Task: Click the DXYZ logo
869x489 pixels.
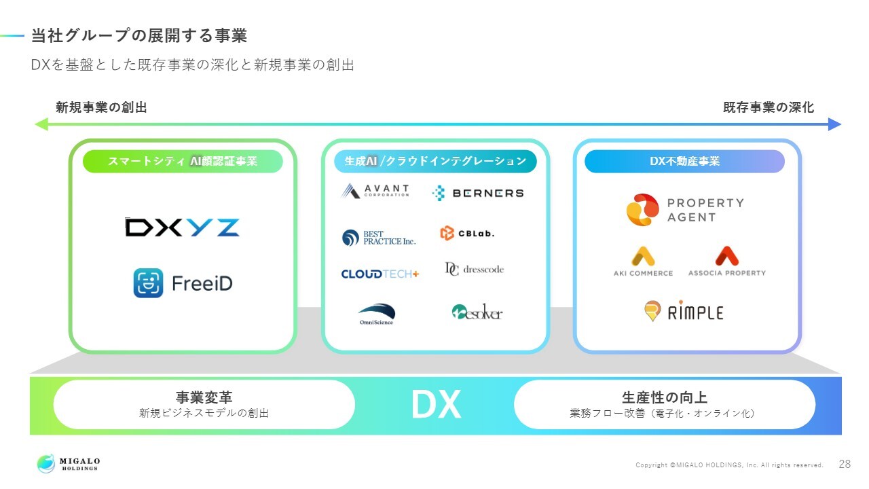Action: [x=182, y=228]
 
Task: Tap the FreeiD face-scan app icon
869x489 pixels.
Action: [x=148, y=283]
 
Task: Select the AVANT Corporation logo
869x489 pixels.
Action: [x=375, y=191]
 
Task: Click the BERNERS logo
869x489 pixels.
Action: [x=478, y=193]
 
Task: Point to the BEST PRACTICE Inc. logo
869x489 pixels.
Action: [x=379, y=238]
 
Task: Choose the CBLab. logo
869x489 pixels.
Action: [x=468, y=233]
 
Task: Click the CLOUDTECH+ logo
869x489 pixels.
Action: [x=380, y=274]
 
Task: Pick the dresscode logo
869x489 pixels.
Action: [x=475, y=269]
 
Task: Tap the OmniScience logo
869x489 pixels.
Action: [x=376, y=314]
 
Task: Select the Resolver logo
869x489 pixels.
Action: [x=477, y=312]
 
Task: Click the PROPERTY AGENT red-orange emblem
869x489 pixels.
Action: [x=642, y=210]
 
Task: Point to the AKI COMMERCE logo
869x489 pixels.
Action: [x=643, y=261]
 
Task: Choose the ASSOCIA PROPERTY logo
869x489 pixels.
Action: [x=727, y=261]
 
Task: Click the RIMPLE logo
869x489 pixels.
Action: [x=684, y=311]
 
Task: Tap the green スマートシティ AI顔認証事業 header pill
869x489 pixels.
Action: [x=183, y=161]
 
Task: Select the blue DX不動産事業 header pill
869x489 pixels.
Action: [x=685, y=161]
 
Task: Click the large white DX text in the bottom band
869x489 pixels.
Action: [x=436, y=404]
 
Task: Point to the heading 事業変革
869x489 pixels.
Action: [x=204, y=397]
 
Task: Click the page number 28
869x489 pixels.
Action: [x=845, y=464]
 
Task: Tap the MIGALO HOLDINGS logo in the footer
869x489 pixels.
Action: [x=69, y=463]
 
